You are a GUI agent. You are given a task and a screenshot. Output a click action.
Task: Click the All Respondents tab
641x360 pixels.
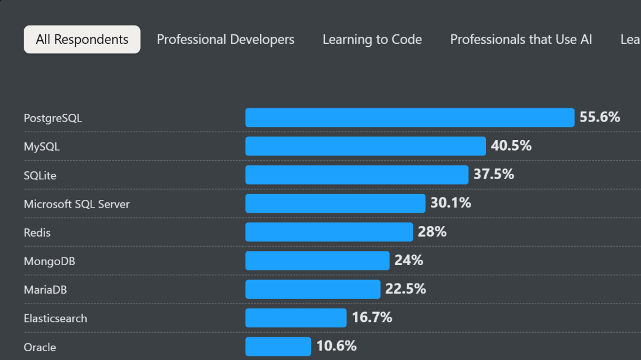coord(82,40)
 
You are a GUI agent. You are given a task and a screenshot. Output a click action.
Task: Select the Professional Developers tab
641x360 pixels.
coord(226,40)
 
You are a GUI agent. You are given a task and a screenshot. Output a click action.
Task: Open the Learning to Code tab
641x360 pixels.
coord(372,40)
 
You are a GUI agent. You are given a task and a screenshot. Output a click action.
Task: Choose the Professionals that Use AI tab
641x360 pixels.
coord(521,40)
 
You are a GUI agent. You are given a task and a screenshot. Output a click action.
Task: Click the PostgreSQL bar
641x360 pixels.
coord(410,117)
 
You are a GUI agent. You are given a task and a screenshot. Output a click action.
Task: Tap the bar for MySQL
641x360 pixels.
coord(366,146)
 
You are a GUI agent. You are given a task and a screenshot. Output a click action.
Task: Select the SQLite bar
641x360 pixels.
coord(357,175)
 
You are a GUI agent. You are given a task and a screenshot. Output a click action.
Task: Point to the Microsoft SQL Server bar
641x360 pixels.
coord(335,203)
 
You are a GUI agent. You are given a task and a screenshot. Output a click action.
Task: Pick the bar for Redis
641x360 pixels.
coord(329,232)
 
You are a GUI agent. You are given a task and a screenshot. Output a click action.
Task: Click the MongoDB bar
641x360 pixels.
coord(318,260)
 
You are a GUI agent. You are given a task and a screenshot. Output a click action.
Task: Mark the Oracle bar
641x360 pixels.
coord(278,346)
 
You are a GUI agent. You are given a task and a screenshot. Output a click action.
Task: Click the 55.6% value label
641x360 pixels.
coord(599,117)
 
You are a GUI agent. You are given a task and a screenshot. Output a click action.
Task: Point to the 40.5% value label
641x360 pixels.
coord(511,146)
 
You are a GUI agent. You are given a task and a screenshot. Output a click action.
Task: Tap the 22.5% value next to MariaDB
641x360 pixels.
coord(405,289)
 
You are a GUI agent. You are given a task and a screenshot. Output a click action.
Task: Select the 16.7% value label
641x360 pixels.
coord(372,318)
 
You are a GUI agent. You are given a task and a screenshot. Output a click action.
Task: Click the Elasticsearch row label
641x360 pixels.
coord(55,318)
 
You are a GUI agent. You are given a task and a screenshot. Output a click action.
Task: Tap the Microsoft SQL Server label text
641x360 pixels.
coord(77,204)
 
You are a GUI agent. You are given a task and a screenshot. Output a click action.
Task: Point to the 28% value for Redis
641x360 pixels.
coord(432,232)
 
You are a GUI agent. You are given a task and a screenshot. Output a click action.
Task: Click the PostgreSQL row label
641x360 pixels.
coord(53,118)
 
